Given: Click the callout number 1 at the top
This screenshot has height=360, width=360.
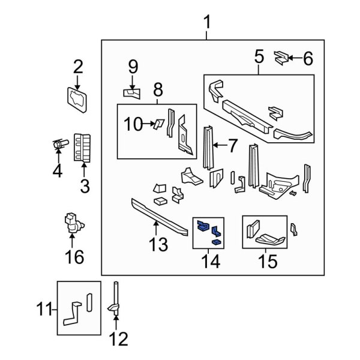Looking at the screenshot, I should point(207,25).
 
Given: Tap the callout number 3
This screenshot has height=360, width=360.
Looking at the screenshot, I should point(84,186).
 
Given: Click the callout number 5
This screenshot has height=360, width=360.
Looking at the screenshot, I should point(259,58).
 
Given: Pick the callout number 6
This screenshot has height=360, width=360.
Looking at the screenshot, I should point(307,58).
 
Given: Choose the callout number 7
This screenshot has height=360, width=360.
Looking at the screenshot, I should point(233,145).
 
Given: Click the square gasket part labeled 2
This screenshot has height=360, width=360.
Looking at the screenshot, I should point(77,100).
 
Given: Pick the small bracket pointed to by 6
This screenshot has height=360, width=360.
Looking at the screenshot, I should point(279,58).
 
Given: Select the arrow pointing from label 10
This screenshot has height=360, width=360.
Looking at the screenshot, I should point(149,124).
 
